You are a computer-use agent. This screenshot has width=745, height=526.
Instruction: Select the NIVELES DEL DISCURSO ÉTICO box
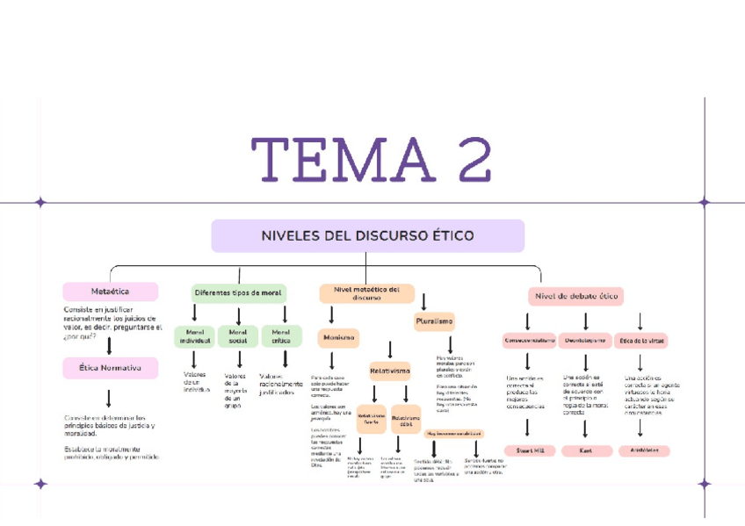click(367, 235)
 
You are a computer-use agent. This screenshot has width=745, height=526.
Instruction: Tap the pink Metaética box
click(111, 292)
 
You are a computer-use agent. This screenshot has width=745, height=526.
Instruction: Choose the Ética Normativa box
click(111, 367)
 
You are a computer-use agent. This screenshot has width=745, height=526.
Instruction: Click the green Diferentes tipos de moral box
click(238, 292)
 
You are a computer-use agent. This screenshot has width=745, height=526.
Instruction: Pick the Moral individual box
click(194, 336)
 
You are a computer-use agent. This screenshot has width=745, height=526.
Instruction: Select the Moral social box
click(237, 336)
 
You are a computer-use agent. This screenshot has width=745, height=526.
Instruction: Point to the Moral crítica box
click(281, 336)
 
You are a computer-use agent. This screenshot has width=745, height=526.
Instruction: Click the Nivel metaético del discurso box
click(366, 292)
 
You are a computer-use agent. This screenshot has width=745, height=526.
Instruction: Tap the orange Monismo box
click(338, 336)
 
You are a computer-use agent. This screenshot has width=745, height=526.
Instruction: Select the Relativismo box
click(389, 371)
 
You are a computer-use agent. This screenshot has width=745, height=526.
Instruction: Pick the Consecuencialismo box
click(529, 340)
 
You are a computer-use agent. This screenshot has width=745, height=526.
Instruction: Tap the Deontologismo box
click(585, 340)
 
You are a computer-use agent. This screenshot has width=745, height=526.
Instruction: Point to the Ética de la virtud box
click(642, 340)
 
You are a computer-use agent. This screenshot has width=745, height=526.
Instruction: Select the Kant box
click(585, 450)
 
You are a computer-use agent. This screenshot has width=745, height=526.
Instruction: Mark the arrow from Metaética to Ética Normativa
click(109, 345)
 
